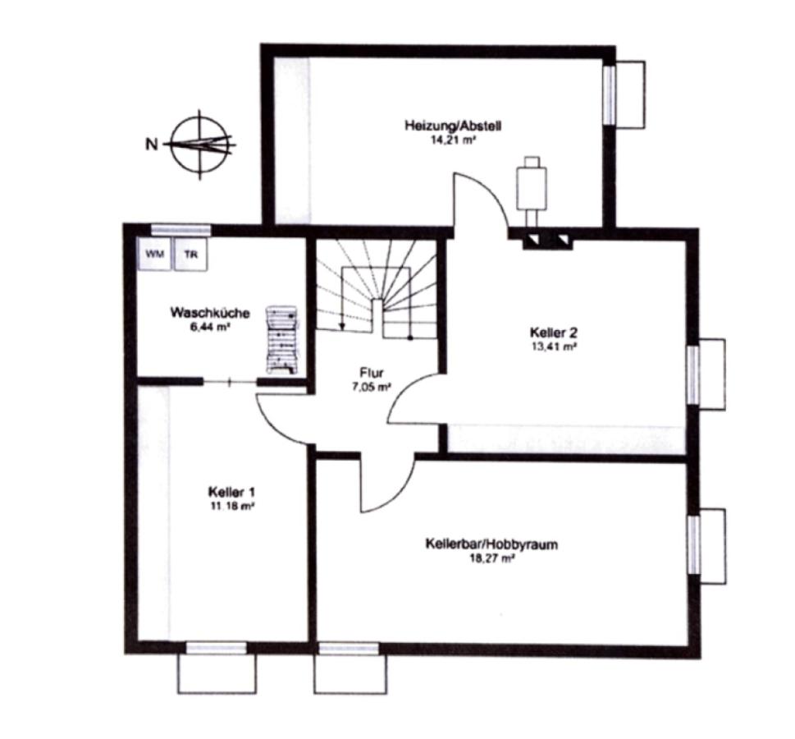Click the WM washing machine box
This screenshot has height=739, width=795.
pyautogui.click(x=154, y=254)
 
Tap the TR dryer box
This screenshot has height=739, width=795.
pyautogui.click(x=191, y=254)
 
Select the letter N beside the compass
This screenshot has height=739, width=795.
pyautogui.click(x=152, y=145)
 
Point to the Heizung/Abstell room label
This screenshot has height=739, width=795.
pyautogui.click(x=453, y=126)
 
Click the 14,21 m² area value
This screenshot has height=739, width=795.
pyautogui.click(x=452, y=140)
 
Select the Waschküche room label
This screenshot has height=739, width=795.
pyautogui.click(x=210, y=312)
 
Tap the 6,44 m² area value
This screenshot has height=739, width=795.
pyautogui.click(x=210, y=328)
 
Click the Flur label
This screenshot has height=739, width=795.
pyautogui.click(x=372, y=371)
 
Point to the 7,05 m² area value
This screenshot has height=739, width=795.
pyautogui.click(x=372, y=387)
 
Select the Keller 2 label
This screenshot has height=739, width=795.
pyautogui.click(x=553, y=333)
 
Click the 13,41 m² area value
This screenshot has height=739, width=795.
pyautogui.click(x=553, y=347)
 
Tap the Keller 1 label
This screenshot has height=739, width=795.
pyautogui.click(x=231, y=492)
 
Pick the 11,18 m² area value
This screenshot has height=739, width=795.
pyautogui.click(x=231, y=507)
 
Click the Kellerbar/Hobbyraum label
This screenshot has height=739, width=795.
pyautogui.click(x=491, y=544)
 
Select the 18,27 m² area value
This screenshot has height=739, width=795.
pyautogui.click(x=491, y=559)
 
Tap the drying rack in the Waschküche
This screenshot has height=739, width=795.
pyautogui.click(x=282, y=339)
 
